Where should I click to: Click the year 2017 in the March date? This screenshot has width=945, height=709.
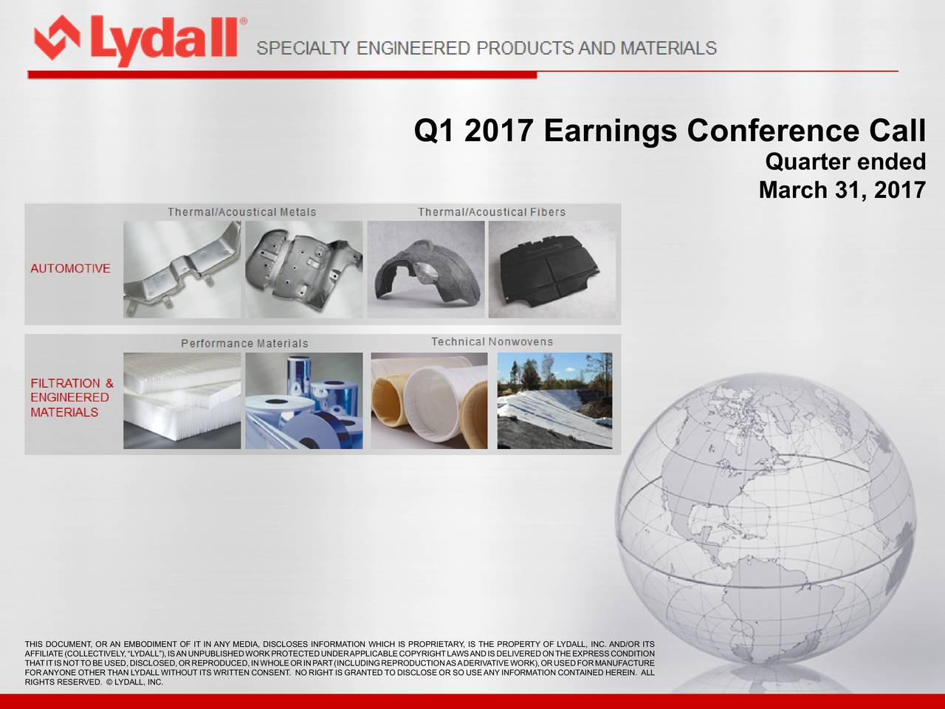[899, 190]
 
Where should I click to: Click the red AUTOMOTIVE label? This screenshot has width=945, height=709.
[70, 269]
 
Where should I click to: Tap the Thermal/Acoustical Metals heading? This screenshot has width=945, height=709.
[241, 212]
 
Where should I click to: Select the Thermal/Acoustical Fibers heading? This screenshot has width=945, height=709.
[492, 212]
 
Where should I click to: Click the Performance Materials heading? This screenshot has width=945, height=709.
[244, 343]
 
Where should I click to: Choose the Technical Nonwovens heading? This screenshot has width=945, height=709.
[492, 342]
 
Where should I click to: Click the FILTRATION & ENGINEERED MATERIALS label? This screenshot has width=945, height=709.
[72, 397]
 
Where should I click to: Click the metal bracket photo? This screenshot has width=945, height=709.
[182, 270]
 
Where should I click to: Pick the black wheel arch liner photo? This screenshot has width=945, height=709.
[426, 270]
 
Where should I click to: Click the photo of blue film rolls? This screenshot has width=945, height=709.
[304, 400]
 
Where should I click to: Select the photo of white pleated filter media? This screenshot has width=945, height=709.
[182, 400]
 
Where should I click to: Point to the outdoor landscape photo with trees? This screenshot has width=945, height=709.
[554, 400]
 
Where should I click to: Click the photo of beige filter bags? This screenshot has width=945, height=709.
[429, 400]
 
